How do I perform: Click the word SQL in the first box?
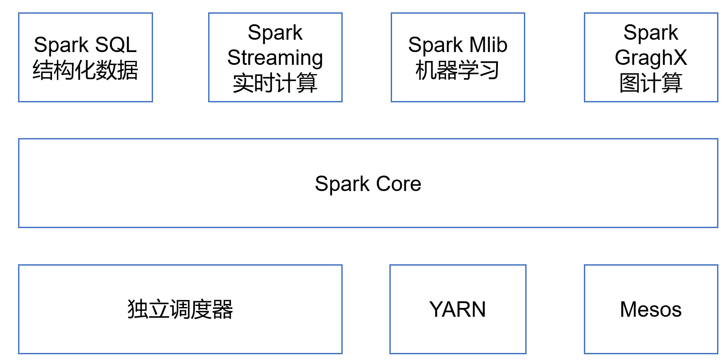tap(116, 45)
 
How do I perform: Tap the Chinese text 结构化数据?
tap(86, 70)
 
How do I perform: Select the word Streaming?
tap(275, 58)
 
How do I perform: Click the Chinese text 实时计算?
tap(275, 83)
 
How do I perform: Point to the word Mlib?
tap(488, 45)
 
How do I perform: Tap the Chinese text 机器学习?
tap(458, 70)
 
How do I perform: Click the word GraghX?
tap(651, 58)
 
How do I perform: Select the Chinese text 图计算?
tap(651, 83)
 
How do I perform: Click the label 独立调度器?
tap(180, 309)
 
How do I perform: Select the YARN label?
tap(458, 309)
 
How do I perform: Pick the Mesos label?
tap(651, 309)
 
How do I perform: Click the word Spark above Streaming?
tap(275, 33)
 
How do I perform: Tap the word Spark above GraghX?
tap(651, 33)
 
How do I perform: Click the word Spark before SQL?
tap(61, 45)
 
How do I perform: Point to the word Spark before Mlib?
tap(435, 45)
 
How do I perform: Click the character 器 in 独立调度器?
tap(223, 309)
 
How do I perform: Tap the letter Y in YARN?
tap(435, 309)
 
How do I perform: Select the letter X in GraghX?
tap(680, 58)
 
